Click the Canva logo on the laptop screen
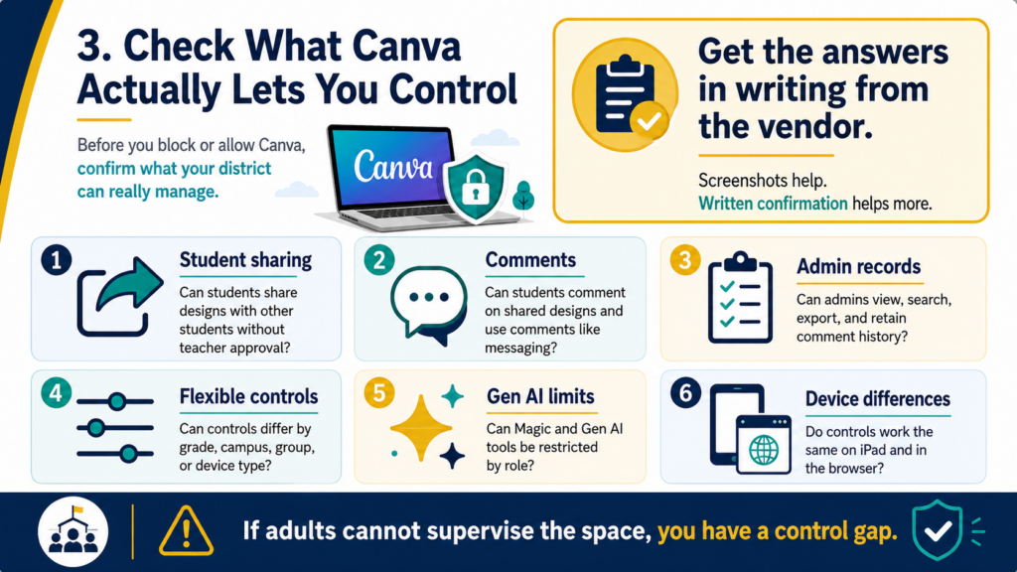[x=393, y=167]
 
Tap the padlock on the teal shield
[x=476, y=186]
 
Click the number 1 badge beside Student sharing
[x=57, y=260]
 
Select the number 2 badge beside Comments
[x=379, y=260]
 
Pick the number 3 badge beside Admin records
[x=685, y=260]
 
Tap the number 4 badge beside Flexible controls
[x=57, y=393]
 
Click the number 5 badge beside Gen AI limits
[x=379, y=393]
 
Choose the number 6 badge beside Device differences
[x=685, y=393]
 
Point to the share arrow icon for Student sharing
[x=120, y=296]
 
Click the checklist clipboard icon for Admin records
[x=740, y=297]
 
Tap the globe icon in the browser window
[x=764, y=450]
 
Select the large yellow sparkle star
[x=421, y=428]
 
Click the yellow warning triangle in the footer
[x=186, y=531]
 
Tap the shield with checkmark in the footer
[x=937, y=530]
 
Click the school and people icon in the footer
[x=73, y=531]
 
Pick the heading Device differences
[x=878, y=399]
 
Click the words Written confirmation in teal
[x=773, y=204]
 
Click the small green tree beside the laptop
[x=523, y=196]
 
